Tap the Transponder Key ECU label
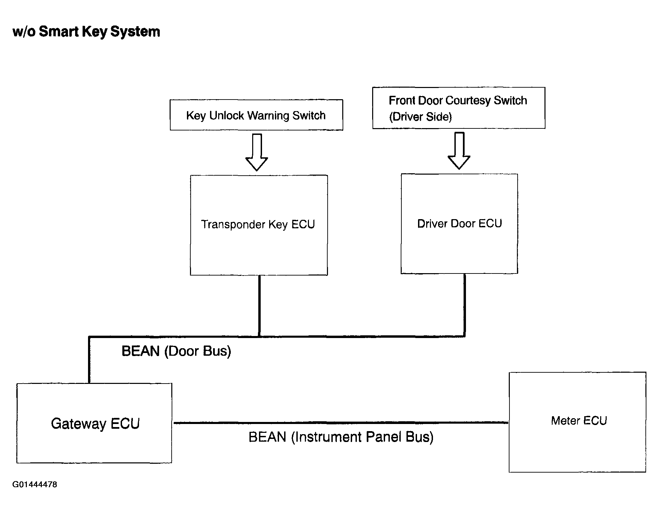258,225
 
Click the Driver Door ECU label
459,224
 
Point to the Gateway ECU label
95,424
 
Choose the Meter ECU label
579,421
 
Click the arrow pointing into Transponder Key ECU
257,152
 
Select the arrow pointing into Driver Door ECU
459,151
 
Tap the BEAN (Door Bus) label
176,351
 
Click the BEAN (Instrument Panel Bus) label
341,437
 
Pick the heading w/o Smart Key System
86,32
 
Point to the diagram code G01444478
35,484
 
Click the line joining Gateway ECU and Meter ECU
341,423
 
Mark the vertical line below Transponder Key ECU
259,306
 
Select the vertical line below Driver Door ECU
465,305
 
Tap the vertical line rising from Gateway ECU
89,360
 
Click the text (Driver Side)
420,117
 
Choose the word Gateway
79,424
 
